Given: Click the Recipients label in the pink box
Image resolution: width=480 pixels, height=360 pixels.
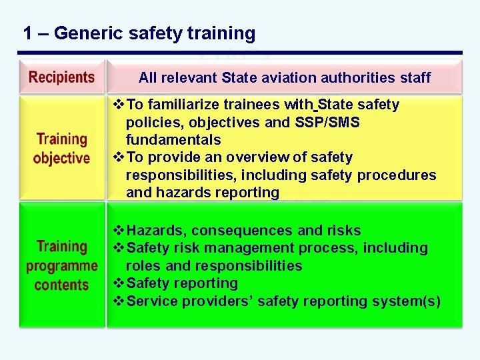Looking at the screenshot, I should point(61,77).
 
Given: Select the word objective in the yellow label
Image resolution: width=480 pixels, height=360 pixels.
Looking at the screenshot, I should point(61,159).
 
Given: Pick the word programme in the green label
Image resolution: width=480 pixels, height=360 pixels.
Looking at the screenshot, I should point(62,266).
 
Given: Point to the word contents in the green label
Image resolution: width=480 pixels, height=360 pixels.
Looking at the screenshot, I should point(61,285).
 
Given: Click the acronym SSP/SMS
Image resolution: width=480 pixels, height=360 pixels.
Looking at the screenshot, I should point(329,123).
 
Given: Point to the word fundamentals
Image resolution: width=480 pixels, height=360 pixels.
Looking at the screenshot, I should point(173,140).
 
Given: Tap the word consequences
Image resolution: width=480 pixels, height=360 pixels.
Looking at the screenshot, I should point(243,231).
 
